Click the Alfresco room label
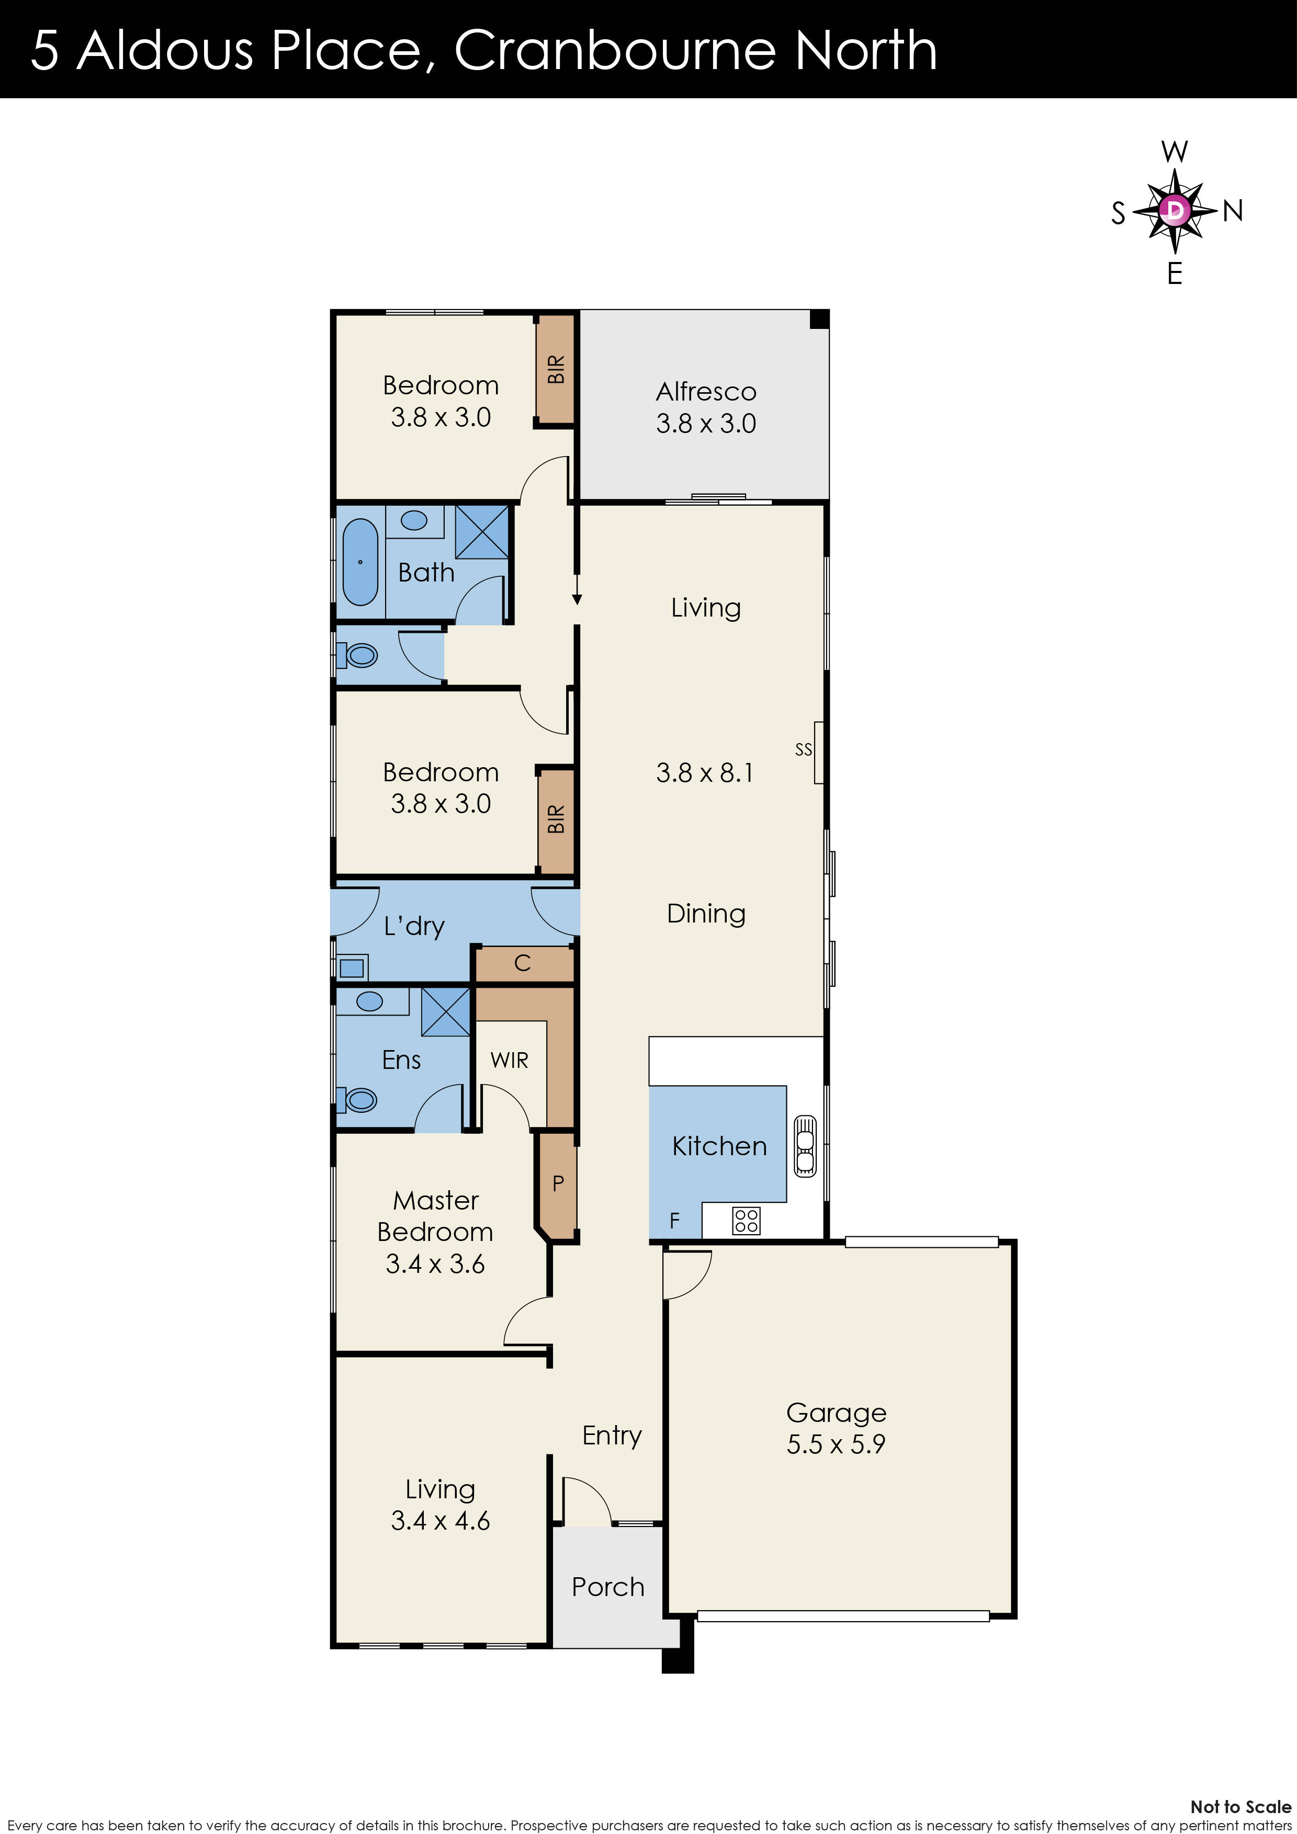point(706,391)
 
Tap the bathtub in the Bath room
point(360,562)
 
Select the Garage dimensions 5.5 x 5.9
point(836,1444)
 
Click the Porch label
point(607,1586)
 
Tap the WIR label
point(509,1060)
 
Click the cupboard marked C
point(523,963)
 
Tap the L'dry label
point(413,926)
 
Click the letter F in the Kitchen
point(674,1220)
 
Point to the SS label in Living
point(803,749)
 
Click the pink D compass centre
point(1174,211)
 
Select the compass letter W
point(1174,151)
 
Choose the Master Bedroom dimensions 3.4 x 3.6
point(435,1263)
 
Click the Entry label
point(611,1436)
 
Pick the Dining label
point(706,913)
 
